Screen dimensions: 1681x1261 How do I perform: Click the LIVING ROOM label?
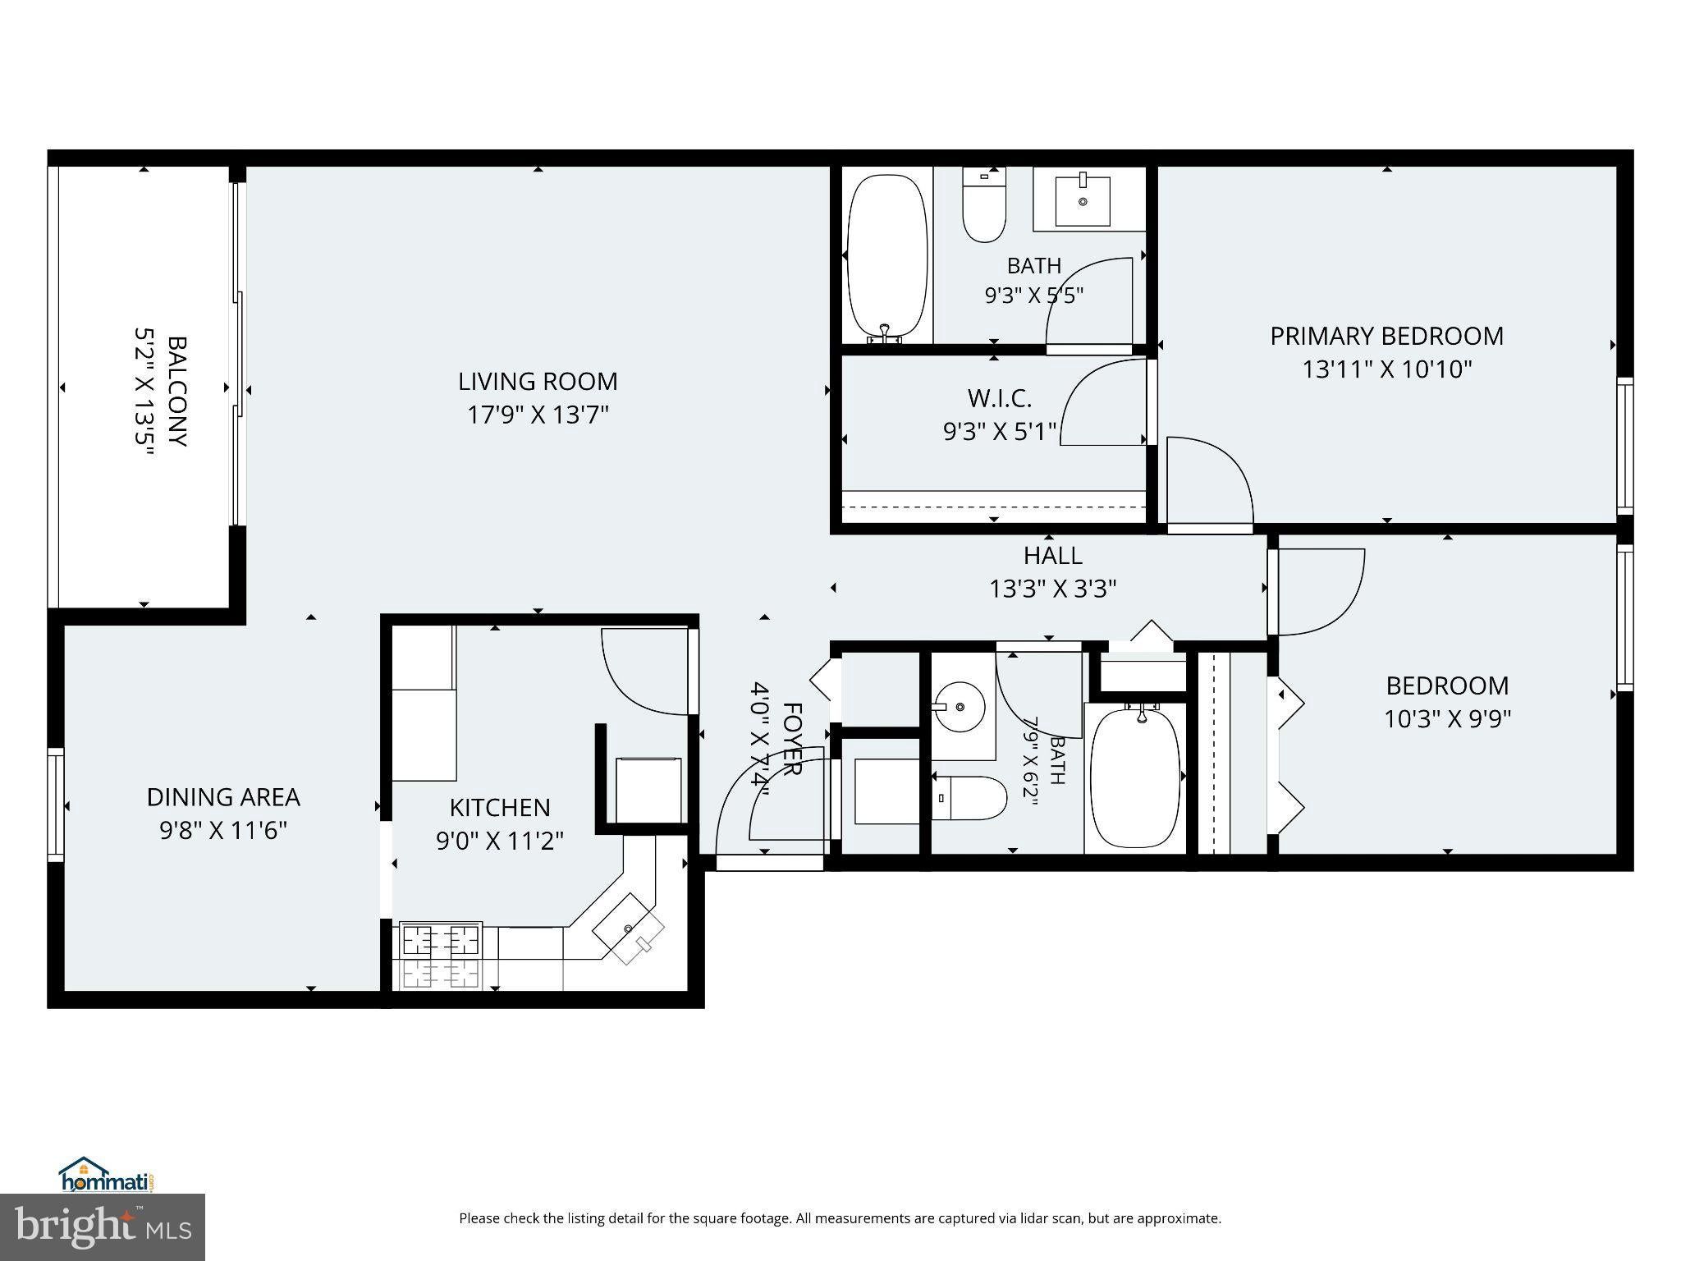coord(538,382)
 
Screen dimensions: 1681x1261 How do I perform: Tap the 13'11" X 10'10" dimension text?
coord(1387,369)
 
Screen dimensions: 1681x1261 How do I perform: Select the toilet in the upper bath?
coord(984,204)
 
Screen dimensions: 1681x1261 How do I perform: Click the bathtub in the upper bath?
coord(887,257)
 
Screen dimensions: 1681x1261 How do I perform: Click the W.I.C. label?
coord(999,398)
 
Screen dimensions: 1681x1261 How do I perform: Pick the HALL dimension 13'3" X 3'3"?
coord(1053,589)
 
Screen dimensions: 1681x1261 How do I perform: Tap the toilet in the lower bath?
coord(969,798)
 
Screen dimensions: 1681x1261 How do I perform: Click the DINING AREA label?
coord(223,797)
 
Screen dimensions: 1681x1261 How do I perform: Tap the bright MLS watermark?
coord(103,1227)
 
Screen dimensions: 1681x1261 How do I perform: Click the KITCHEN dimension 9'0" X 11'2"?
coord(500,841)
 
